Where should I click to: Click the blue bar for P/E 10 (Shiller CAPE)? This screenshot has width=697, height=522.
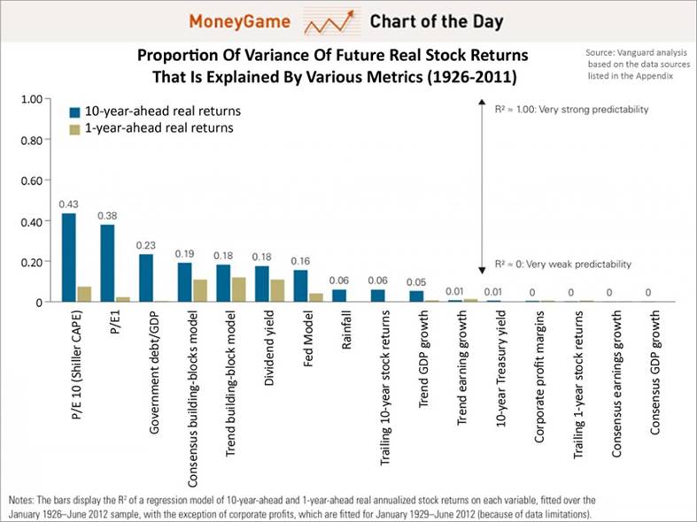pos(68,257)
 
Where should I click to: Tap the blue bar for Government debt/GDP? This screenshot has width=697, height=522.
pos(146,278)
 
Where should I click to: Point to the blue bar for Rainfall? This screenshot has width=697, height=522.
pos(339,296)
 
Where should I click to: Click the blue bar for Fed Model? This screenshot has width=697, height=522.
pos(300,286)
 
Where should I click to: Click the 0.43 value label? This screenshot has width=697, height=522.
pos(68,204)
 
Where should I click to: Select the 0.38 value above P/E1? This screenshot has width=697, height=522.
pos(107,214)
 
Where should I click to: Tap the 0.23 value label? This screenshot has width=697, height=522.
pos(146,245)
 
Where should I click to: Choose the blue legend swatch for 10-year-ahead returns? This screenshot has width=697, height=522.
pos(77,112)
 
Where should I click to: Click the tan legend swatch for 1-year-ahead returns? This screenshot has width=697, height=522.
pos(77,128)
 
